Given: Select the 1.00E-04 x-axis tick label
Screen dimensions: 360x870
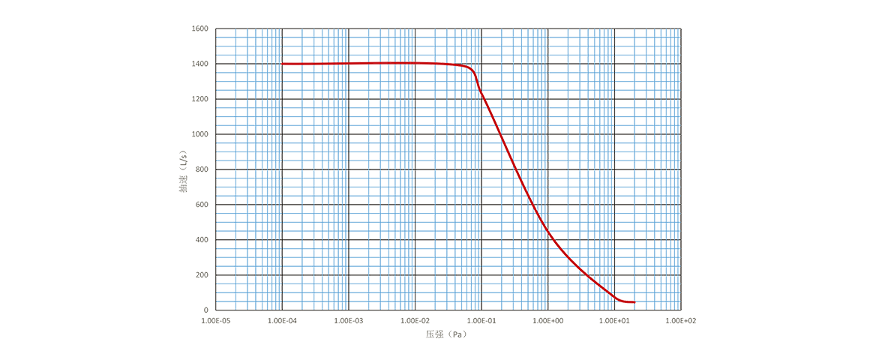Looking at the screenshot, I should click(x=282, y=320).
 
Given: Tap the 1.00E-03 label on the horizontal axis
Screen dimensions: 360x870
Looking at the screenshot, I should click(x=349, y=320).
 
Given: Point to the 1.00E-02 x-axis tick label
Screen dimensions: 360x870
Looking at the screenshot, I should click(x=415, y=320).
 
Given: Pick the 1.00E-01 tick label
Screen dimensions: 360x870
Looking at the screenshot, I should click(x=481, y=320).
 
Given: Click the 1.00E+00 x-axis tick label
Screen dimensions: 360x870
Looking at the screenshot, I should click(x=548, y=320).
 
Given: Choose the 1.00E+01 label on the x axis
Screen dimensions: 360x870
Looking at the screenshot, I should click(x=614, y=320).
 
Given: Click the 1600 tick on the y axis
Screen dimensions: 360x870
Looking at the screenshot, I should click(x=200, y=28).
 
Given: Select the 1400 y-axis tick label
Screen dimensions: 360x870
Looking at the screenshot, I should click(x=200, y=64).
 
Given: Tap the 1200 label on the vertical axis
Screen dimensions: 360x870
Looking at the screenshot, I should click(x=200, y=99).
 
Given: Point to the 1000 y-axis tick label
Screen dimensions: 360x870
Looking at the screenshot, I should click(x=200, y=134).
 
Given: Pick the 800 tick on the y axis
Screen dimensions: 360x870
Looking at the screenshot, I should click(x=202, y=169).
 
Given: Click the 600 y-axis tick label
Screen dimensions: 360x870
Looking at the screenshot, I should click(x=202, y=204).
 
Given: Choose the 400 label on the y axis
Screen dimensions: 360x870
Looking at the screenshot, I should click(x=202, y=239).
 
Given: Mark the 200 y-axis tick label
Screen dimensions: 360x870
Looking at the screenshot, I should click(x=202, y=274).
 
